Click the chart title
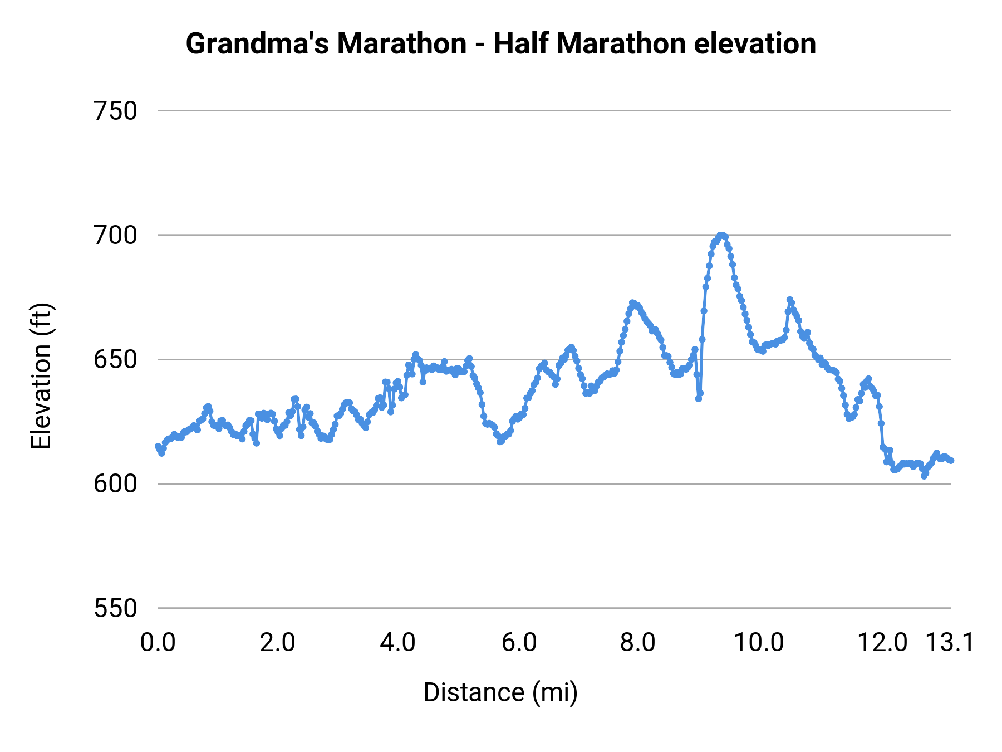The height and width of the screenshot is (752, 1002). click(500, 43)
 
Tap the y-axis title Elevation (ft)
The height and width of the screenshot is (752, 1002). click(41, 376)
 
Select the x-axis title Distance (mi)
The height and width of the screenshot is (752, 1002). click(500, 692)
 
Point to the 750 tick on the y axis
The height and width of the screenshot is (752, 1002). click(115, 111)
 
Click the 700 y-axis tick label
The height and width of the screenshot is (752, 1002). click(115, 235)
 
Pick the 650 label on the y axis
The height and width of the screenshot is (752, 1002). click(115, 359)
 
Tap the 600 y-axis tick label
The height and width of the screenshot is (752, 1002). click(115, 484)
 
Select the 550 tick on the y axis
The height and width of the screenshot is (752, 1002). click(115, 608)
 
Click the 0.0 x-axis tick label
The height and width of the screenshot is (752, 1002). click(158, 643)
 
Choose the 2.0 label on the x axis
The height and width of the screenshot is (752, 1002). click(278, 643)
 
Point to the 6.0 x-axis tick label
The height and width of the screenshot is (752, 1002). click(519, 643)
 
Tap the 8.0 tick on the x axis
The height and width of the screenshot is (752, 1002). click(638, 643)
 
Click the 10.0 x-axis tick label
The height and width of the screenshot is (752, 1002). click(759, 643)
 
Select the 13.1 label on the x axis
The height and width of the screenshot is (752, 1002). click(950, 643)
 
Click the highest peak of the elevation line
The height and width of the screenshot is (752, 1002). click(721, 236)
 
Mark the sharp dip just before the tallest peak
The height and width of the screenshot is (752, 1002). click(699, 398)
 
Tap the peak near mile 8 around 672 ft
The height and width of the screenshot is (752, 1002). click(633, 303)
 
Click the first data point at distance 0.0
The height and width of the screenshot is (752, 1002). click(158, 446)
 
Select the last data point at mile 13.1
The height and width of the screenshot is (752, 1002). click(951, 461)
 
